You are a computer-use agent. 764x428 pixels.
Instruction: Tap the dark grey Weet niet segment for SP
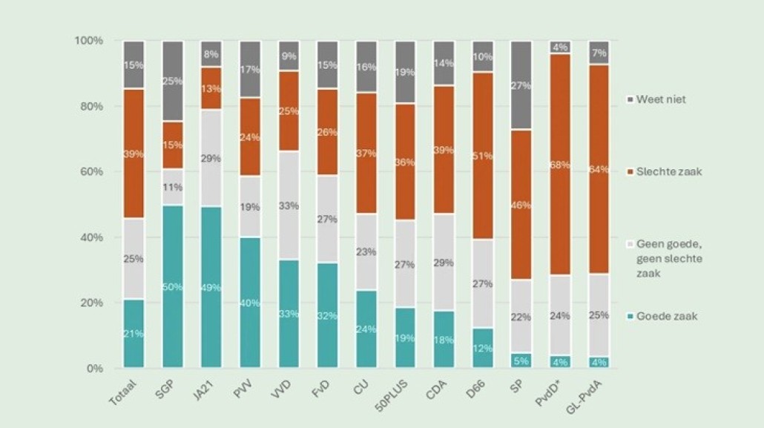point(521,85)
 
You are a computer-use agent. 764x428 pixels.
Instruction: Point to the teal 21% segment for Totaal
point(134,334)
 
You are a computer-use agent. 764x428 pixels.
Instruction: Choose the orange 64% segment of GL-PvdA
point(599,169)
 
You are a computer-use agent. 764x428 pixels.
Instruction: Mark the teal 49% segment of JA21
point(211,287)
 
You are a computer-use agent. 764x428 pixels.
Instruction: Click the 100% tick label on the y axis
point(88,40)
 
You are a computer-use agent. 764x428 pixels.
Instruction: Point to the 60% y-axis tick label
point(91,171)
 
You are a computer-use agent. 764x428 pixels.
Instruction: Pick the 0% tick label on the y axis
point(94,368)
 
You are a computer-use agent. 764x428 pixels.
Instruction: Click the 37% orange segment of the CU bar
point(366,154)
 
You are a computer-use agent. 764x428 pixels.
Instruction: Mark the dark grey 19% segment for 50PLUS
point(405,73)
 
